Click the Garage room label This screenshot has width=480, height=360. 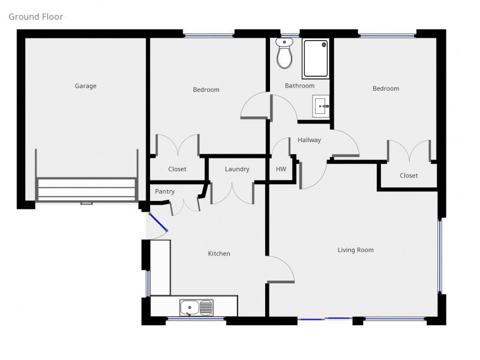tap(85, 86)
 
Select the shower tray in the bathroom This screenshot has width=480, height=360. tap(316, 59)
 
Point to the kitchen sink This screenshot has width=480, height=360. tap(196, 308)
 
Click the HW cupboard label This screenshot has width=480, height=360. tap(280, 169)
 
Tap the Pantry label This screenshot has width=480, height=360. tap(164, 191)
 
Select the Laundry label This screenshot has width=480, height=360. tap(237, 169)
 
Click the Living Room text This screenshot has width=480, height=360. tap(355, 250)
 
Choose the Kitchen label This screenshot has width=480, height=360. tap(219, 254)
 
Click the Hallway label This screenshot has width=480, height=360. tap(309, 140)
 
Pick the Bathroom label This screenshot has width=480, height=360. tap(299, 86)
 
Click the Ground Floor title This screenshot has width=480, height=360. tap(35, 17)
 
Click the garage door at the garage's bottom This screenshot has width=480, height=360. tap(86, 190)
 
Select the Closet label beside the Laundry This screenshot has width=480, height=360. tap(177, 169)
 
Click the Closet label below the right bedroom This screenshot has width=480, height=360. tap(409, 176)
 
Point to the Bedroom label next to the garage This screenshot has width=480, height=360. tap(206, 90)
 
